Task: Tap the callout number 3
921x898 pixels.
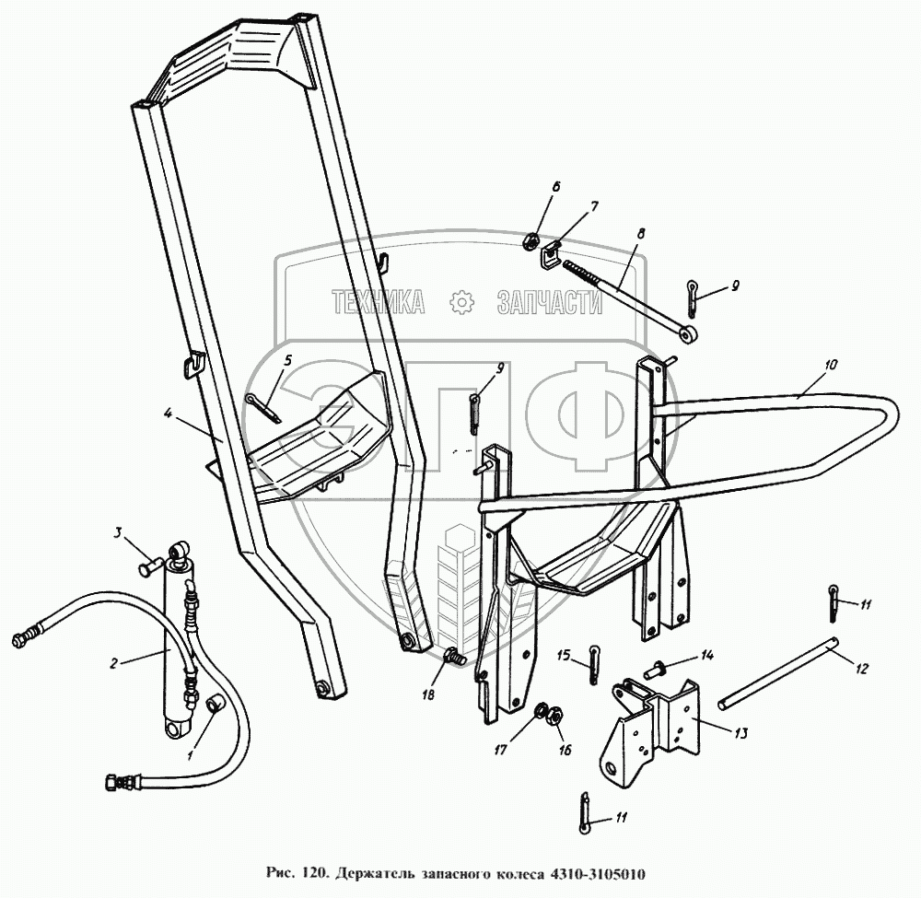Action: pyautogui.click(x=118, y=533)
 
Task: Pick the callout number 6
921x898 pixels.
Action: pyautogui.click(x=555, y=187)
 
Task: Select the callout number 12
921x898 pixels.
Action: pyautogui.click(x=861, y=670)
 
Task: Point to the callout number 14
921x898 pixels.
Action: pyautogui.click(x=706, y=656)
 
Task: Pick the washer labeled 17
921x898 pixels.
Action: pyautogui.click(x=542, y=712)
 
